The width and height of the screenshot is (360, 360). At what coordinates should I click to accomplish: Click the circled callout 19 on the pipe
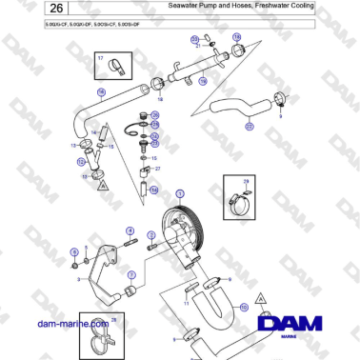201,83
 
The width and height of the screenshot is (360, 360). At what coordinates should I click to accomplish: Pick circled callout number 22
250,126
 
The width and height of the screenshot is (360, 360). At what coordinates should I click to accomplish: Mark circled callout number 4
129,230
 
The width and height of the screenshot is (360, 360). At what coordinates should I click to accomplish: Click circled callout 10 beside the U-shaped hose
245,308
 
